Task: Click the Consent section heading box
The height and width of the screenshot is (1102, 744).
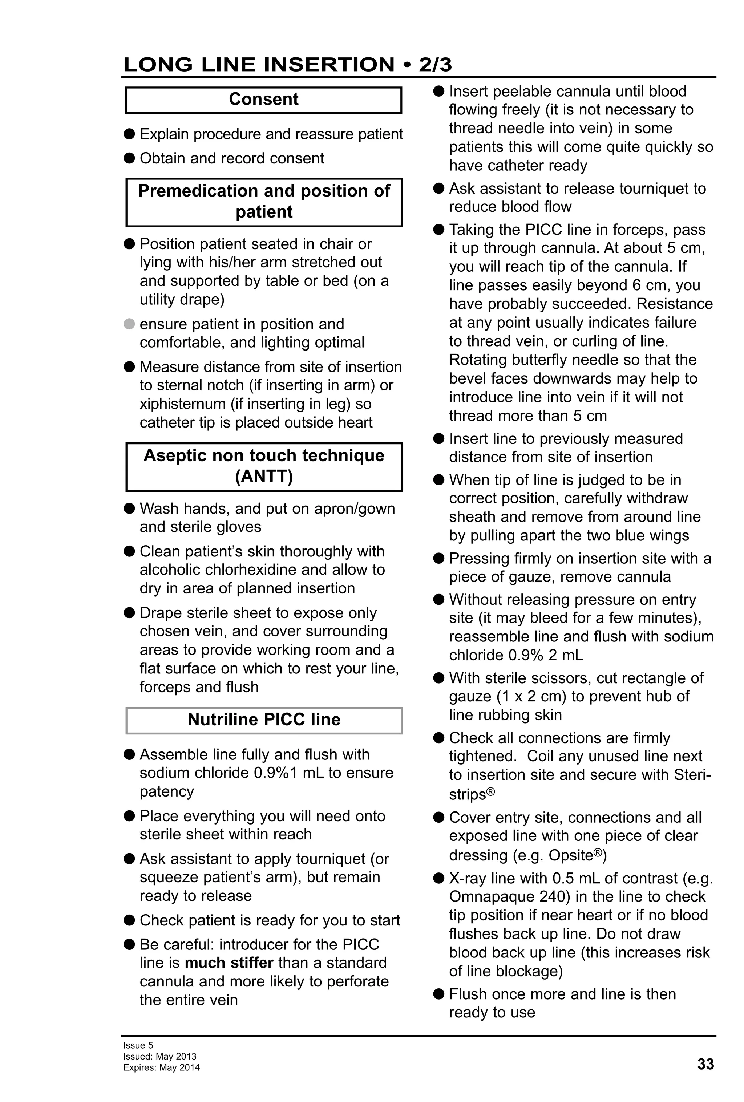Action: (x=264, y=100)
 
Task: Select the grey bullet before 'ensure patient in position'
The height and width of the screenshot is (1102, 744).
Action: (x=129, y=324)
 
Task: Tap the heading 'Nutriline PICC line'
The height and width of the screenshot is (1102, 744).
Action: (x=264, y=719)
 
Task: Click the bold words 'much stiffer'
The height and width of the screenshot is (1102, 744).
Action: (x=229, y=963)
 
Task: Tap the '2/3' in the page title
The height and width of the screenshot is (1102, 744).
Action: (x=435, y=65)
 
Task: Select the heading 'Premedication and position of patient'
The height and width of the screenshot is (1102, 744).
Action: (x=264, y=202)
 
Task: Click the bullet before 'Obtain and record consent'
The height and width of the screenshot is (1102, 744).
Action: (x=129, y=158)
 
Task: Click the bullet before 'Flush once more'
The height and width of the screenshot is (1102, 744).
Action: (x=438, y=994)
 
